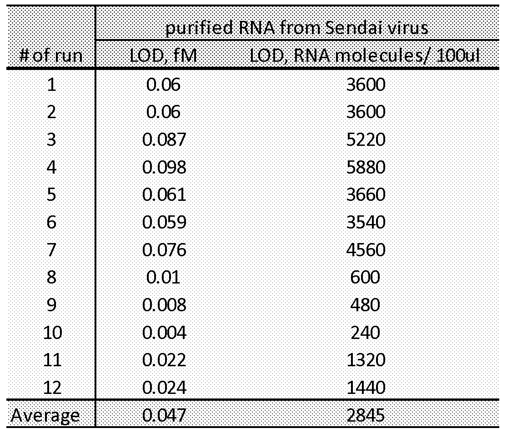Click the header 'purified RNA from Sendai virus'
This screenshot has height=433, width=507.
[x=296, y=28]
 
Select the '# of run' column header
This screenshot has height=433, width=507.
[x=51, y=56]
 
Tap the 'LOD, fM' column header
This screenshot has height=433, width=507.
[x=164, y=56]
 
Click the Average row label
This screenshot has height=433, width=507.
[x=45, y=415]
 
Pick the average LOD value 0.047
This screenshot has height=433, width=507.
[x=164, y=415]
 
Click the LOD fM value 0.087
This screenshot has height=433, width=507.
[x=164, y=139]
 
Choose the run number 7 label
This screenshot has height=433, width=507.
[x=51, y=250]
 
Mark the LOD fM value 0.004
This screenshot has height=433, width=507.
[x=164, y=333]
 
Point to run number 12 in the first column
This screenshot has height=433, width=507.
[x=51, y=388]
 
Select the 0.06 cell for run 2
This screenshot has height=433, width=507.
[x=164, y=112]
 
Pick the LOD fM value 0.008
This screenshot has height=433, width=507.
[x=164, y=305]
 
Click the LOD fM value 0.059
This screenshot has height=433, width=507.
[x=164, y=222]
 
